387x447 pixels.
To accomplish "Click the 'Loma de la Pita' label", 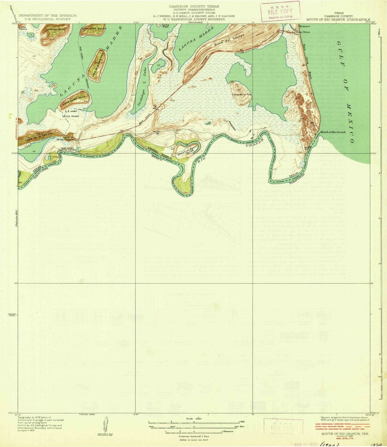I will tap(242, 95).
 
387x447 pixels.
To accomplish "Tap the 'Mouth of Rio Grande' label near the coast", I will tap(333, 132).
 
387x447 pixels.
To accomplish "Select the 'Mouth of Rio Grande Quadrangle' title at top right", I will tap(338, 19).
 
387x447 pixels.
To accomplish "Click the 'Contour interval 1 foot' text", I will tap(193, 436).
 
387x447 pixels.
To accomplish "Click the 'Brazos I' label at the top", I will tap(303, 26).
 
